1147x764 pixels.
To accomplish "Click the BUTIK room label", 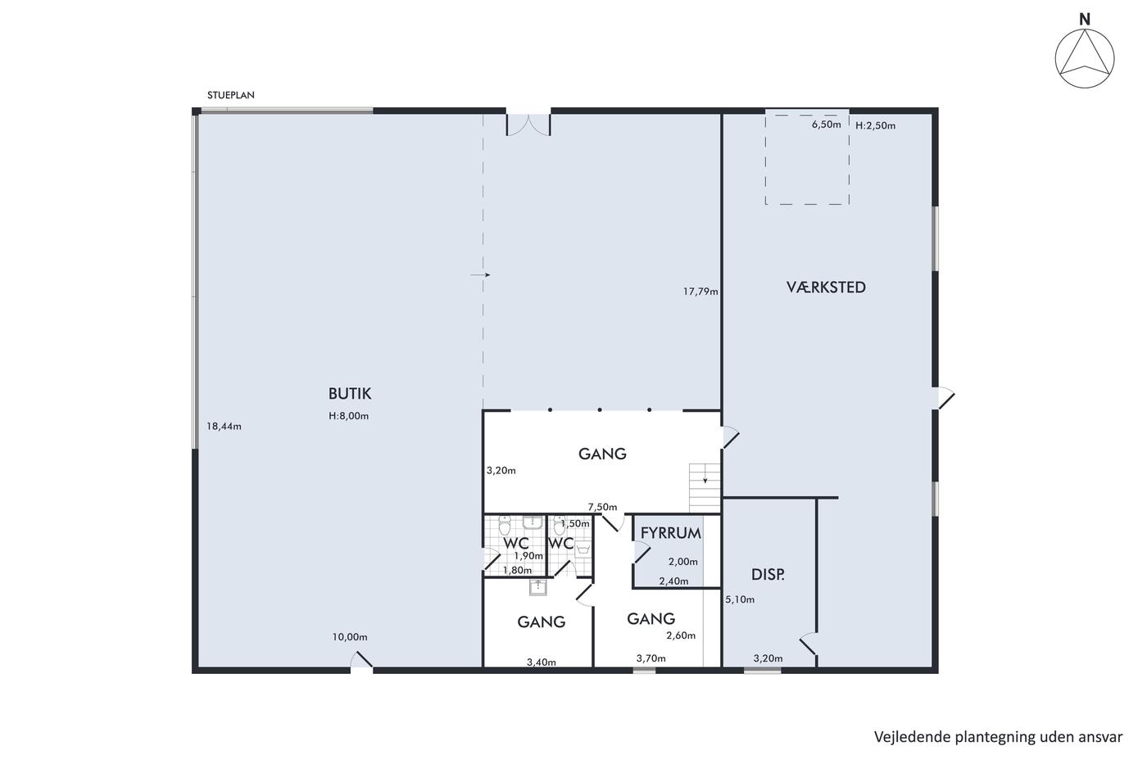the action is coord(350,394).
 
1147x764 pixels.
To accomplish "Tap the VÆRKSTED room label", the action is coord(826,287).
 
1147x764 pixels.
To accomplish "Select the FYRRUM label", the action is coord(671,533).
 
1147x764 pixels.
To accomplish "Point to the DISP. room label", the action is coord(768,575).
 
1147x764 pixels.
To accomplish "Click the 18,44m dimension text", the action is coord(224,427).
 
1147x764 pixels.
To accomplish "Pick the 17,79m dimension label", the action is coord(700,292).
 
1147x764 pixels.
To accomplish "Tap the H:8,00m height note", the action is coord(349,416).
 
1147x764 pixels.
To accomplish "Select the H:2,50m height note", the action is coord(876,126).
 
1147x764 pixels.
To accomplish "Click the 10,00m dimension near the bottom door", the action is coord(350,637).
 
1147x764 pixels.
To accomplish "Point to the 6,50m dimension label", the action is coord(827,124).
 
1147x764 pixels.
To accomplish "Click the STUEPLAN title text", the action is coord(231,95).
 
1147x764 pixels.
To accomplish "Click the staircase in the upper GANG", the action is coord(705,488).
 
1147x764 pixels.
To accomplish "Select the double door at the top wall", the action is coord(528,124).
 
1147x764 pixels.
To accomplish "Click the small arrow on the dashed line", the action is coord(480,275).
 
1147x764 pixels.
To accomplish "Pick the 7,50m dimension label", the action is coord(603,507).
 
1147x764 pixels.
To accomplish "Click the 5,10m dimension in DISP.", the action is coord(740,599).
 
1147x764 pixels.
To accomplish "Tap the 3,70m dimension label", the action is coord(651,658).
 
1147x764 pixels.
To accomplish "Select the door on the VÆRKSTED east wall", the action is coord(943,399).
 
